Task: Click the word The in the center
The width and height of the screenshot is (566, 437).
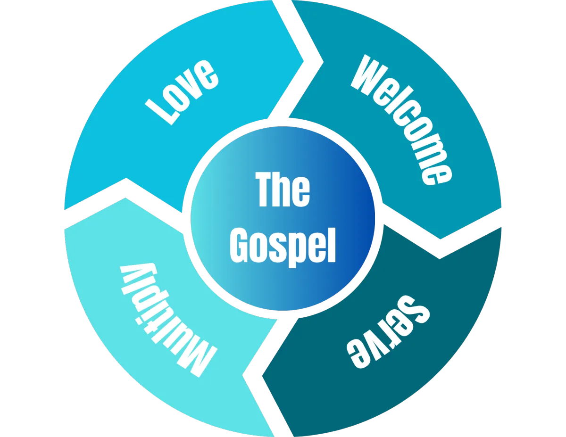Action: click(x=283, y=189)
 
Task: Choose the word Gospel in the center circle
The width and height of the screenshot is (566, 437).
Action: click(x=283, y=245)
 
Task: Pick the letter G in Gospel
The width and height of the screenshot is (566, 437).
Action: click(x=241, y=245)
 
